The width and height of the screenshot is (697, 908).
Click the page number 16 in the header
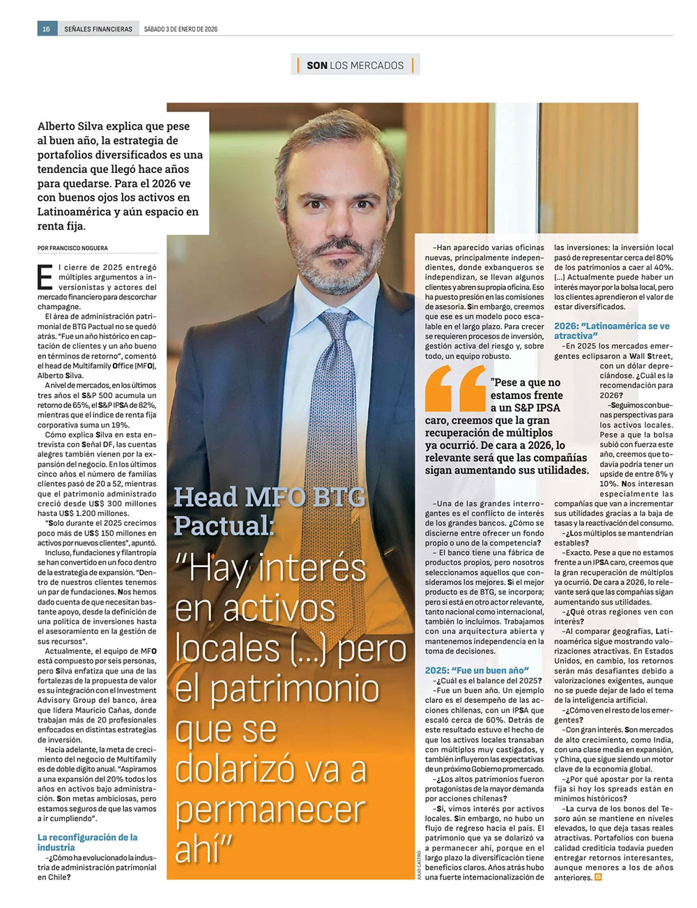(47, 29)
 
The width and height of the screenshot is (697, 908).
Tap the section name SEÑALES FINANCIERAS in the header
(98, 29)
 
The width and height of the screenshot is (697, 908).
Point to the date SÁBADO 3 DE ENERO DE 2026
(181, 29)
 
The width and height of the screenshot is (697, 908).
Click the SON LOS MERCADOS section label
(355, 66)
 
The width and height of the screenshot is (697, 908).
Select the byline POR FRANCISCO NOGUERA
(72, 248)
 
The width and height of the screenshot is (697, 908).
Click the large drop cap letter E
(45, 277)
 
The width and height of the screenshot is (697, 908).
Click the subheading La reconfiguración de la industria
(87, 842)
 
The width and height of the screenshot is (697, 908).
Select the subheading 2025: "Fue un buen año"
(477, 670)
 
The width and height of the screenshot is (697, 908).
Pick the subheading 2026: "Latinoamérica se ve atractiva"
(611, 331)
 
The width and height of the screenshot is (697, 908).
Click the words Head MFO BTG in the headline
(269, 497)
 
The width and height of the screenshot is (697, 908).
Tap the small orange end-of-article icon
(598, 877)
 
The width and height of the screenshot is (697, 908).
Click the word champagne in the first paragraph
(59, 306)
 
